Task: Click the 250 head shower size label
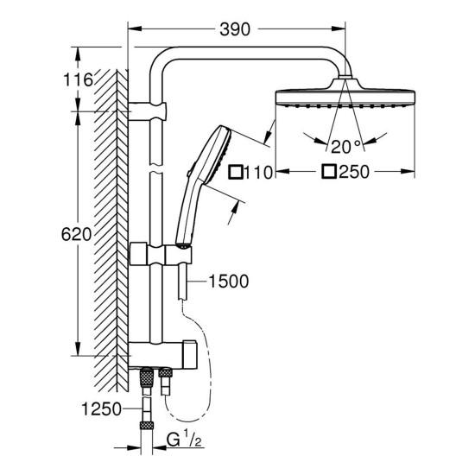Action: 353,171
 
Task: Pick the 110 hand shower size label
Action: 258,171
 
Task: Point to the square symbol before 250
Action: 328,171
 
